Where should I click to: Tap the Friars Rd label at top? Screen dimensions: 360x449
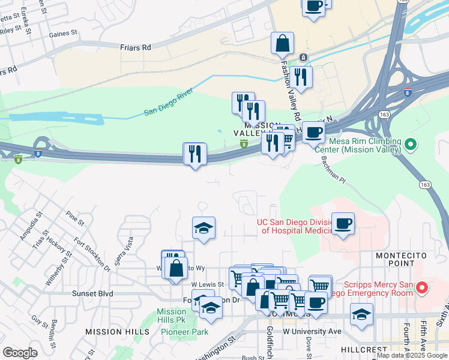point(134,46)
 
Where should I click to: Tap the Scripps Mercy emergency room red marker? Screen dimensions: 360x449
point(421,289)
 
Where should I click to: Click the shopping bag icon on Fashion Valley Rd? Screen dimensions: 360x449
point(282,44)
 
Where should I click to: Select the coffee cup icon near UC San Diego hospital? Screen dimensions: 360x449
point(343,224)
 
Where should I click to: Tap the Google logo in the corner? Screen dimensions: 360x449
point(20,353)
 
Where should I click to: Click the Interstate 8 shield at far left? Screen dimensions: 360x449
point(18,159)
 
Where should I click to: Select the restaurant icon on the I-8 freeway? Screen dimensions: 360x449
point(195,154)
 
